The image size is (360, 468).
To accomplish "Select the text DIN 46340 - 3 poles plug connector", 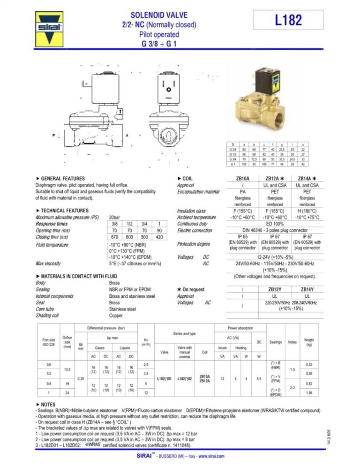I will coord(276,230).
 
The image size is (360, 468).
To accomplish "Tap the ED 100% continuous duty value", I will coord(276,224).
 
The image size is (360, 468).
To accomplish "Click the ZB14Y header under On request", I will coord(307,290).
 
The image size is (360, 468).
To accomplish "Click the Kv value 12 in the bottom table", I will coord(146,392).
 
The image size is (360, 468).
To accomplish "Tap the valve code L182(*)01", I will coord(165,377).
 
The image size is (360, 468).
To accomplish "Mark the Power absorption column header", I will coord(241,328).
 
